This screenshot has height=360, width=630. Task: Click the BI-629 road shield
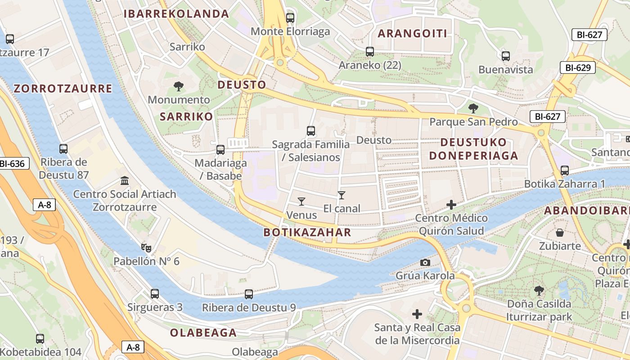tap(578, 68)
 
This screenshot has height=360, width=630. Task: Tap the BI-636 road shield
tap(13, 164)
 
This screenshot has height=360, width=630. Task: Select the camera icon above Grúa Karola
tap(425, 262)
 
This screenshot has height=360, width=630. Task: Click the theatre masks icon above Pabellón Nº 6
tap(146, 247)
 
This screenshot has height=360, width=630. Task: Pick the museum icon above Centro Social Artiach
tap(125, 181)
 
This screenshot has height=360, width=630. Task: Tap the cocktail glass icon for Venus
tap(301, 201)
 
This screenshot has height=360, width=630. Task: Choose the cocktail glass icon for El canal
tap(342, 195)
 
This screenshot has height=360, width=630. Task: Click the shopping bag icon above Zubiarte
tap(560, 233)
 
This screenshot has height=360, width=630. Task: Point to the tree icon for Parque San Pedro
tap(473, 108)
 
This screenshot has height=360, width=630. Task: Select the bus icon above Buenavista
tap(506, 56)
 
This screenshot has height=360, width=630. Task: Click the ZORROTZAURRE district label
tap(63, 89)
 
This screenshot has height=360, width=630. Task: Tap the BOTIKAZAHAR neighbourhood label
tap(307, 232)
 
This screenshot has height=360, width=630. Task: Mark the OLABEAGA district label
tap(203, 333)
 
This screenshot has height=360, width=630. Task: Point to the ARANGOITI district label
tap(412, 34)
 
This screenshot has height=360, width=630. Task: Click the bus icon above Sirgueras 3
tap(155, 294)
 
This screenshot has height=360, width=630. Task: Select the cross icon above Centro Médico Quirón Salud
tap(451, 205)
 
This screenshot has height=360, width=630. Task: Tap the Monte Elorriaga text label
tap(290, 31)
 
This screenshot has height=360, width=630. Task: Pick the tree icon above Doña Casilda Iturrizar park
tap(539, 291)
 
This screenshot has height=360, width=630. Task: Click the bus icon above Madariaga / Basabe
tap(220, 149)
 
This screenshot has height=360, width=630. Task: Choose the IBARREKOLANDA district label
tap(176, 14)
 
